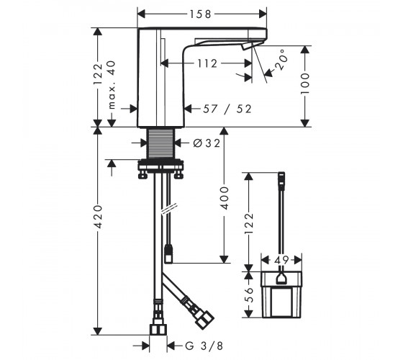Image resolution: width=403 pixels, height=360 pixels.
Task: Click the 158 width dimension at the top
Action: pos(200,14)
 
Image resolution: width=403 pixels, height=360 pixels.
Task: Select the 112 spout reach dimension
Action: pos(207,63)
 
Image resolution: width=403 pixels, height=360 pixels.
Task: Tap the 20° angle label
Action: pos(280,60)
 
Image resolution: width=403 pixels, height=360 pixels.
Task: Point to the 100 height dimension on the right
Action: pos(305,84)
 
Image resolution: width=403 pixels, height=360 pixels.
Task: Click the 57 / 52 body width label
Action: pos(227,109)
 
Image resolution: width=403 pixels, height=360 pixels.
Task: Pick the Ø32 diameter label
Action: pos(207,143)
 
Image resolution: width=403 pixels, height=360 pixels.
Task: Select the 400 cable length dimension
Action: pos(225,198)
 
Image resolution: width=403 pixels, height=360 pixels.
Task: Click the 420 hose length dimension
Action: pos(98,217)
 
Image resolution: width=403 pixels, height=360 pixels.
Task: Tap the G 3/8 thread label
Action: pos(204,346)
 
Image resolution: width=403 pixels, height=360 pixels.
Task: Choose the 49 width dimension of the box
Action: pos(281,260)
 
